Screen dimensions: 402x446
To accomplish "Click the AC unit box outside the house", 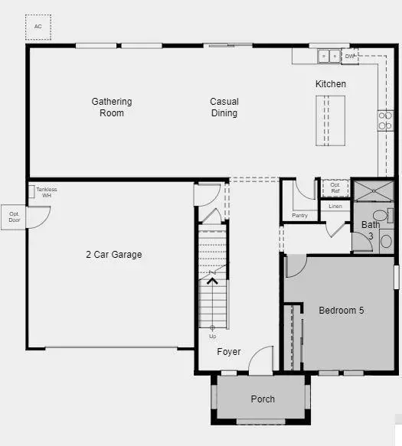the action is (38, 28).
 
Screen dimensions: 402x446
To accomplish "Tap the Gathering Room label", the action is (112, 107).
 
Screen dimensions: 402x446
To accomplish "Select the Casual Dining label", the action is (224, 107).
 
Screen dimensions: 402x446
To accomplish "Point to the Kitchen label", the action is (331, 84).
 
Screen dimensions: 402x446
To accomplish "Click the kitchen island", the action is (330, 121).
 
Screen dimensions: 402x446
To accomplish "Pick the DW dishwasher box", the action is (350, 56).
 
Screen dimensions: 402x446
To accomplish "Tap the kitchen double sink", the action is (329, 56).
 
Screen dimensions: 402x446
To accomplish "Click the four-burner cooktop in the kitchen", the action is (385, 121).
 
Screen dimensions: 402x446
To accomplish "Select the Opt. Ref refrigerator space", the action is (335, 188).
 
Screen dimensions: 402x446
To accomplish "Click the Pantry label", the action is (300, 215).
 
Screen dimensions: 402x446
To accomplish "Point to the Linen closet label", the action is (335, 207).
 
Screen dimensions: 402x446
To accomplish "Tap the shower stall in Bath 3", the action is (374, 191).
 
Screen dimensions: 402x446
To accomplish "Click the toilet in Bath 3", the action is (383, 216).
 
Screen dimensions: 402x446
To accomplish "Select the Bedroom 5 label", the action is (342, 311).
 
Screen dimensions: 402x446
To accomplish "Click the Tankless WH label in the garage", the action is (47, 192).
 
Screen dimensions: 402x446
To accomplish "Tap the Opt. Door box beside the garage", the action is (13, 217).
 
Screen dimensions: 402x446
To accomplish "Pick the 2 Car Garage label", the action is (114, 254).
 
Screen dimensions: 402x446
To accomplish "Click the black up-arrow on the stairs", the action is (212, 282).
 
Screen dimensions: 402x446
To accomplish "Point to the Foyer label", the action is (229, 352).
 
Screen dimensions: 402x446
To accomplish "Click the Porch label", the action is (263, 399).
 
